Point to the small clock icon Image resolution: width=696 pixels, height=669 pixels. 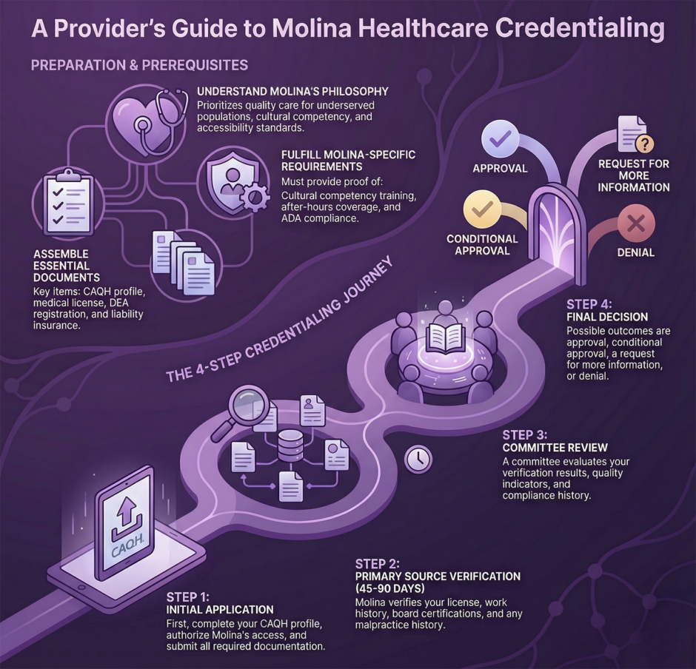[418, 459]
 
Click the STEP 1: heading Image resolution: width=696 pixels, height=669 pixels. [189, 596]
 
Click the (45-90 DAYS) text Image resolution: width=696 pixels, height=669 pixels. [389, 589]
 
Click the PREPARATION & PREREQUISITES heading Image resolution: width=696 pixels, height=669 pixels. [139, 65]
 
